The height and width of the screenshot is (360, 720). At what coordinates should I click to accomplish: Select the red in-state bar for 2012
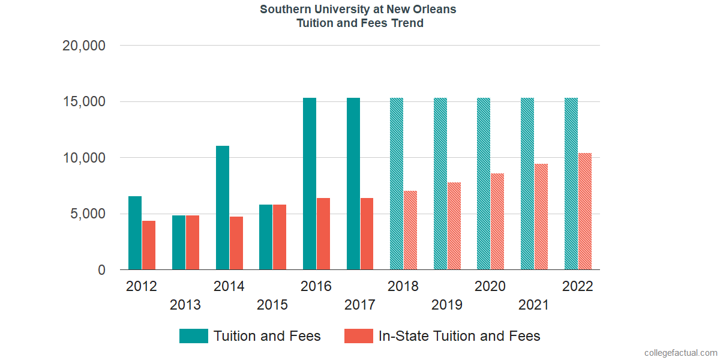point(149,245)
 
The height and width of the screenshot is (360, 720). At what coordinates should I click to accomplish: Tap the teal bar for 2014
point(223,208)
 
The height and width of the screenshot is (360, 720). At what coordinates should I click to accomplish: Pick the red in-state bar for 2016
point(323,234)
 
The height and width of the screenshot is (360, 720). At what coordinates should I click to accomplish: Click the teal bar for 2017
point(353,184)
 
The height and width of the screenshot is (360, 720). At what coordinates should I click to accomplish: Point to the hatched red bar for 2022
point(585,211)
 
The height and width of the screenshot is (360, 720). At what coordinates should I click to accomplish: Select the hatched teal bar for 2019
point(440,184)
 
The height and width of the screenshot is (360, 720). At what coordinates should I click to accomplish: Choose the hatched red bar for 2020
point(497,221)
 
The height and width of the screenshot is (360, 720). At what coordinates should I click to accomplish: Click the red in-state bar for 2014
point(236,243)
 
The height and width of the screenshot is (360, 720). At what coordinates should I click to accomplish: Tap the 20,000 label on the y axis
point(84,46)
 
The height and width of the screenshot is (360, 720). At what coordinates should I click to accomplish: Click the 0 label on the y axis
point(101,271)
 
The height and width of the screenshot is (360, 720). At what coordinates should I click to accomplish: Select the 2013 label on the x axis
point(185,305)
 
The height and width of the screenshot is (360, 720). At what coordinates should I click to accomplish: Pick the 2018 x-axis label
point(403,286)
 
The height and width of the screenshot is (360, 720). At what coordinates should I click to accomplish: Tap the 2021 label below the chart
point(533,305)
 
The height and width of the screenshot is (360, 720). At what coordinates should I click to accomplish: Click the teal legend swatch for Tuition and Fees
point(193,336)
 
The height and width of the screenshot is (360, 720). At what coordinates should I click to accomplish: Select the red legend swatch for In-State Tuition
point(358,336)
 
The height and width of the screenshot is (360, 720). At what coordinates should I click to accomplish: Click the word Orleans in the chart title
point(436,10)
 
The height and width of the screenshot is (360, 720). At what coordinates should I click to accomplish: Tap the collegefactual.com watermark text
point(680,353)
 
